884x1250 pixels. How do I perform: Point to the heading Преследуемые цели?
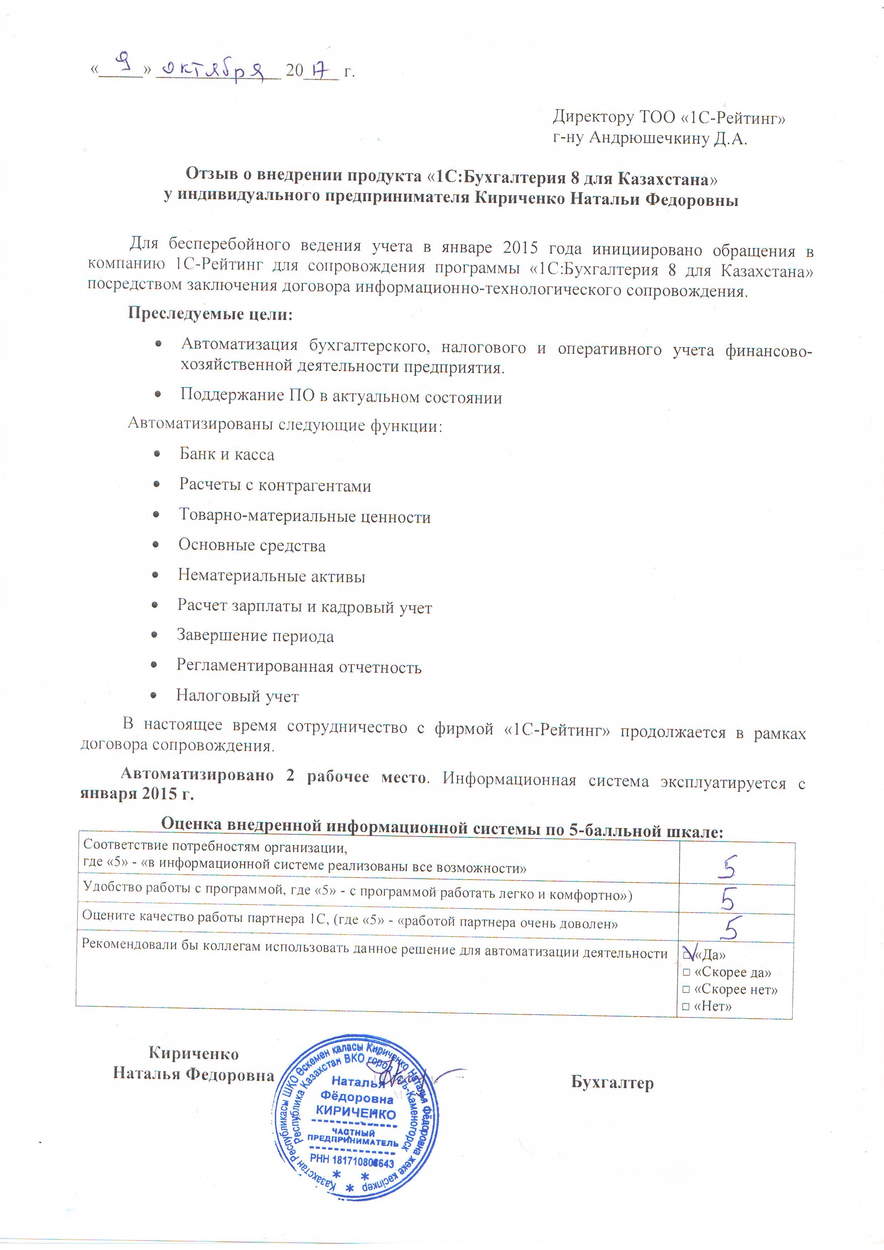click(x=210, y=314)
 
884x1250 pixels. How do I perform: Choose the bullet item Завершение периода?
click(x=255, y=636)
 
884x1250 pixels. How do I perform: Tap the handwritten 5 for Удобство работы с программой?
click(x=728, y=899)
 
